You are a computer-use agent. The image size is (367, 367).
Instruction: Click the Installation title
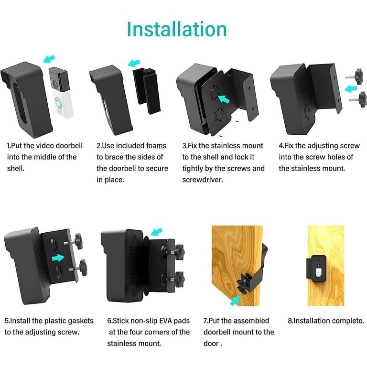176,29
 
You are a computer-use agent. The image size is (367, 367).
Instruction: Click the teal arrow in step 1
49,59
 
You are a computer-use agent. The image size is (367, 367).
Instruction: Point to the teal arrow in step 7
235,300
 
